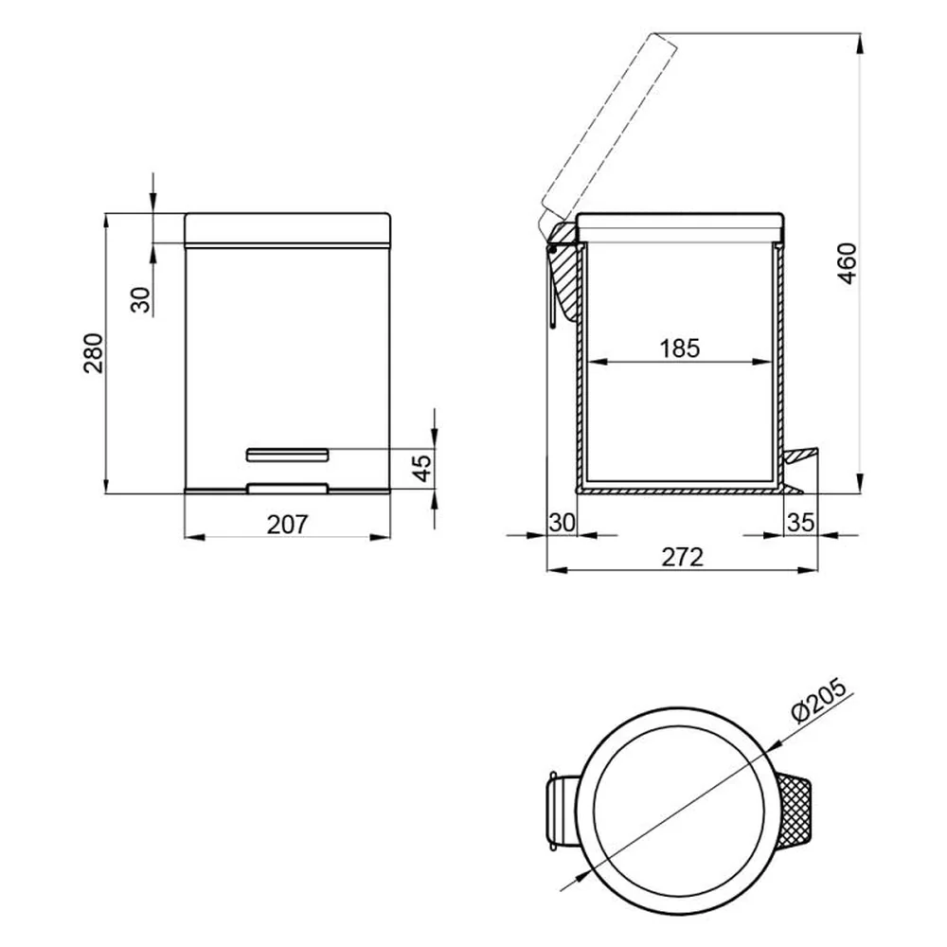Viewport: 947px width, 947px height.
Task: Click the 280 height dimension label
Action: click(94, 352)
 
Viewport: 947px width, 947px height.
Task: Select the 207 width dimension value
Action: click(288, 525)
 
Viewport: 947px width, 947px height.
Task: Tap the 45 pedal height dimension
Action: click(423, 468)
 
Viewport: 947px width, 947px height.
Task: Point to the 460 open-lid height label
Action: click(848, 263)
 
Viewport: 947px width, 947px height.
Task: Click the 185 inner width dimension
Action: click(679, 348)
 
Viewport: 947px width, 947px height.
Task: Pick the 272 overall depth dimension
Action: click(683, 557)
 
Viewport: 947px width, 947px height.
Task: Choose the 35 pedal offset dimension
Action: click(801, 523)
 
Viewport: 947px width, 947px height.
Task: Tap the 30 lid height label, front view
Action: click(141, 299)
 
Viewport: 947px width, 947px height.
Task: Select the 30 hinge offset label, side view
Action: click(562, 523)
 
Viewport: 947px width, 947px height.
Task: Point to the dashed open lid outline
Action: click(606, 130)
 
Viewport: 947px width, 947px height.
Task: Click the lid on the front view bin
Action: click(288, 229)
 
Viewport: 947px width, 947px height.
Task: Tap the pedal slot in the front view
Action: click(288, 455)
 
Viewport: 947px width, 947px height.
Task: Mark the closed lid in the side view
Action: click(680, 227)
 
